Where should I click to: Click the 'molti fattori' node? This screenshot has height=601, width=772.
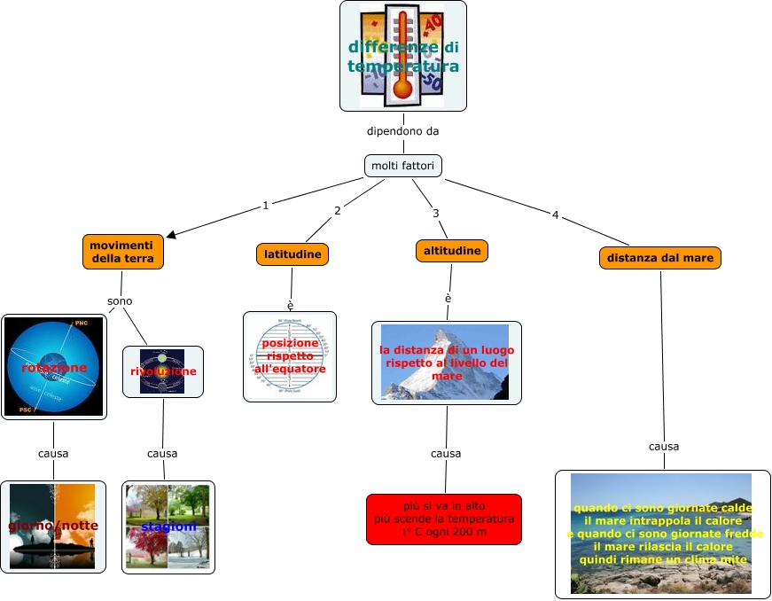click(402, 166)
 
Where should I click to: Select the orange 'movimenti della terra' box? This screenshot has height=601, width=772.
click(122, 252)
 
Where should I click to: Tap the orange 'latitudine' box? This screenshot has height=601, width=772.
click(292, 254)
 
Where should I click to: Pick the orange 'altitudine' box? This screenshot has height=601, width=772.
click(452, 251)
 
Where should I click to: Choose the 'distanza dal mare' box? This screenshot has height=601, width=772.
click(660, 258)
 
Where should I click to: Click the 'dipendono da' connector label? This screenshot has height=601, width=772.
click(403, 131)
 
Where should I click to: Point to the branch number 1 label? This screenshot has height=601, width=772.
click(265, 206)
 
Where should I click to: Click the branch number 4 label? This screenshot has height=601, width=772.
click(555, 215)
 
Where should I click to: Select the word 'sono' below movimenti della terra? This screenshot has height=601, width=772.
click(120, 301)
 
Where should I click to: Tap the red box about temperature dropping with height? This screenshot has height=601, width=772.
click(444, 519)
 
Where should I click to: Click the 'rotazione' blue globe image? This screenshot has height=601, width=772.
click(54, 367)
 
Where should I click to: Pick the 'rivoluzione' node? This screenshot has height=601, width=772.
click(163, 371)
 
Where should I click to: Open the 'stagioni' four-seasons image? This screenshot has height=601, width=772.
click(168, 527)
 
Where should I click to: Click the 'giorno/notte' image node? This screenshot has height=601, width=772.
click(53, 526)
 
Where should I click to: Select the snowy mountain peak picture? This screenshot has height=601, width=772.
click(445, 362)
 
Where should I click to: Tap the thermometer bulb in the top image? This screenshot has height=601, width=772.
click(402, 88)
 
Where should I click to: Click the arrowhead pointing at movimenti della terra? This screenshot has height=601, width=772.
click(172, 234)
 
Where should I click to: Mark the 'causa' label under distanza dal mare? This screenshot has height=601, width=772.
click(664, 447)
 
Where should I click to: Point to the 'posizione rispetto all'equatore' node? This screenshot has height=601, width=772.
click(290, 356)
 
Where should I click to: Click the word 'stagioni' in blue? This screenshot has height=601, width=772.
click(168, 527)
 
